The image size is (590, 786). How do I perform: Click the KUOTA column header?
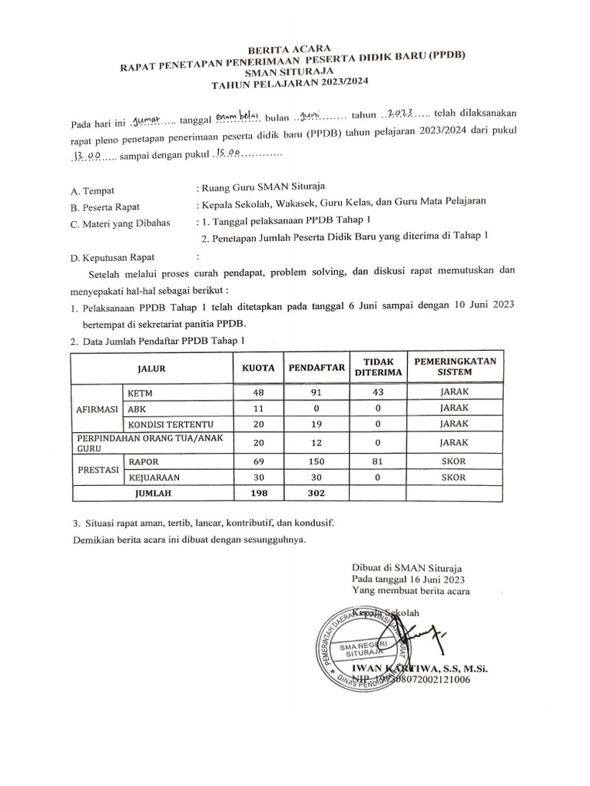[257, 368]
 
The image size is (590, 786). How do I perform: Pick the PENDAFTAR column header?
[315, 368]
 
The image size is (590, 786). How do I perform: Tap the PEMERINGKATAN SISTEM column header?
[455, 367]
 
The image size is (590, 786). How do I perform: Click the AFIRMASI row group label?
[96, 408]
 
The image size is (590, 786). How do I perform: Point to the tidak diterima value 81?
[377, 462]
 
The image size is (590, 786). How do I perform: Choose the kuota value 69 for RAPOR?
[257, 462]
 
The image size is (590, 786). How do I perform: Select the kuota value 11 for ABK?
[257, 408]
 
